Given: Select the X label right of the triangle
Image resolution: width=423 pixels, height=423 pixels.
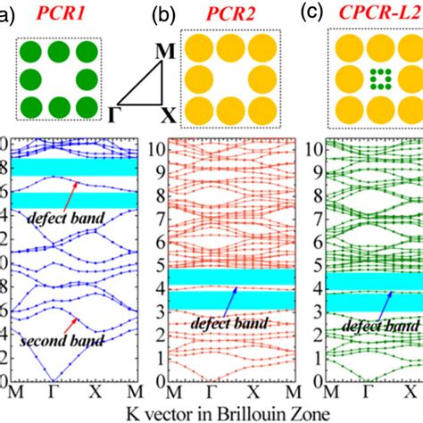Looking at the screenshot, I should [x=168, y=115].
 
